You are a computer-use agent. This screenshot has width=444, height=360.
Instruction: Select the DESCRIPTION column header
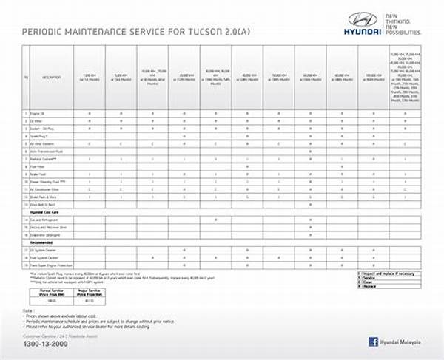[51, 77]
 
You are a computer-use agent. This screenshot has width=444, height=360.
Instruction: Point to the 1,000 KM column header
[90, 77]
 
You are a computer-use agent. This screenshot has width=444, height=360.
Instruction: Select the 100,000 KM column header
[373, 77]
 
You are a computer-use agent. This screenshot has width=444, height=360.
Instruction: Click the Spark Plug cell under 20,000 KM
[184, 135]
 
